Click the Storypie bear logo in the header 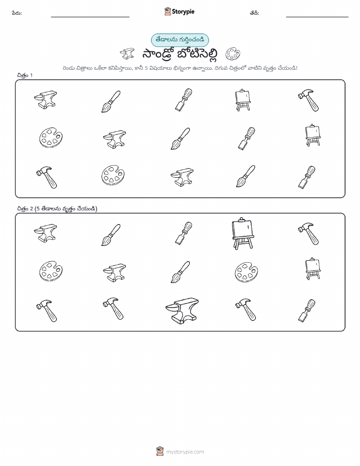168,12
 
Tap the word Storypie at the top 183,12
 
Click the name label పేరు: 17,13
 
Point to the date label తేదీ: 254,13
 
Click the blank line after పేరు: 90,17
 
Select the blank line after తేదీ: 317,17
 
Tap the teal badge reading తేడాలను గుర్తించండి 180,40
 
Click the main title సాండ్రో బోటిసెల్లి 180,54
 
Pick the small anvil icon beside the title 127,54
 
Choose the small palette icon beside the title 233,54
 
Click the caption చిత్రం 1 25,75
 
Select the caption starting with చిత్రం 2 57,209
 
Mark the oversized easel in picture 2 243,233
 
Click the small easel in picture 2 313,269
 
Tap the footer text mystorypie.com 185,452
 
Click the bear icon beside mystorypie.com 160,451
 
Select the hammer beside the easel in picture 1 308,100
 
